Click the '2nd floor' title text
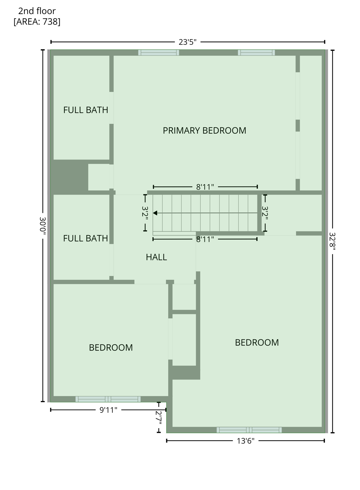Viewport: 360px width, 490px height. tap(37, 11)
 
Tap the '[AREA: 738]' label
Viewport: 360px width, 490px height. tap(37, 22)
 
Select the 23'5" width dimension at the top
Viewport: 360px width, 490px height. tap(187, 42)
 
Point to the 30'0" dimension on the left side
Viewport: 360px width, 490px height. tap(43, 226)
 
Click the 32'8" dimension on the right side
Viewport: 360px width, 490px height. tap(332, 241)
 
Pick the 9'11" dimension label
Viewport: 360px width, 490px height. tap(108, 410)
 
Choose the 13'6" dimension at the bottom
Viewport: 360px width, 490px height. tap(246, 441)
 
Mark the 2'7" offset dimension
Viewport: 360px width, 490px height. tap(159, 417)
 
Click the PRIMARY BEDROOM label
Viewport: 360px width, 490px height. tap(204, 130)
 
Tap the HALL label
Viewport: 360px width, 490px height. tap(156, 257)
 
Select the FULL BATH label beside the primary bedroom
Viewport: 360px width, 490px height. tap(85, 110)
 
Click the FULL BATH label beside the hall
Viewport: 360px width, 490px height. tap(85, 238)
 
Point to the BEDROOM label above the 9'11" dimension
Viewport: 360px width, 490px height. tap(111, 347)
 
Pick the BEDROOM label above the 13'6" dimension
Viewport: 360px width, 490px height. tap(257, 343)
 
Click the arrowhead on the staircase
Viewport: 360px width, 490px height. tap(155, 213)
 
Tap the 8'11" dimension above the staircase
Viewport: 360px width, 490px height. tap(205, 187)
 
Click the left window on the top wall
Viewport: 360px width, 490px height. tap(158, 53)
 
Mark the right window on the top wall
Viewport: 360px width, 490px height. tap(256, 53)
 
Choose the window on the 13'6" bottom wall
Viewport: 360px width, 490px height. tap(249, 430)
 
